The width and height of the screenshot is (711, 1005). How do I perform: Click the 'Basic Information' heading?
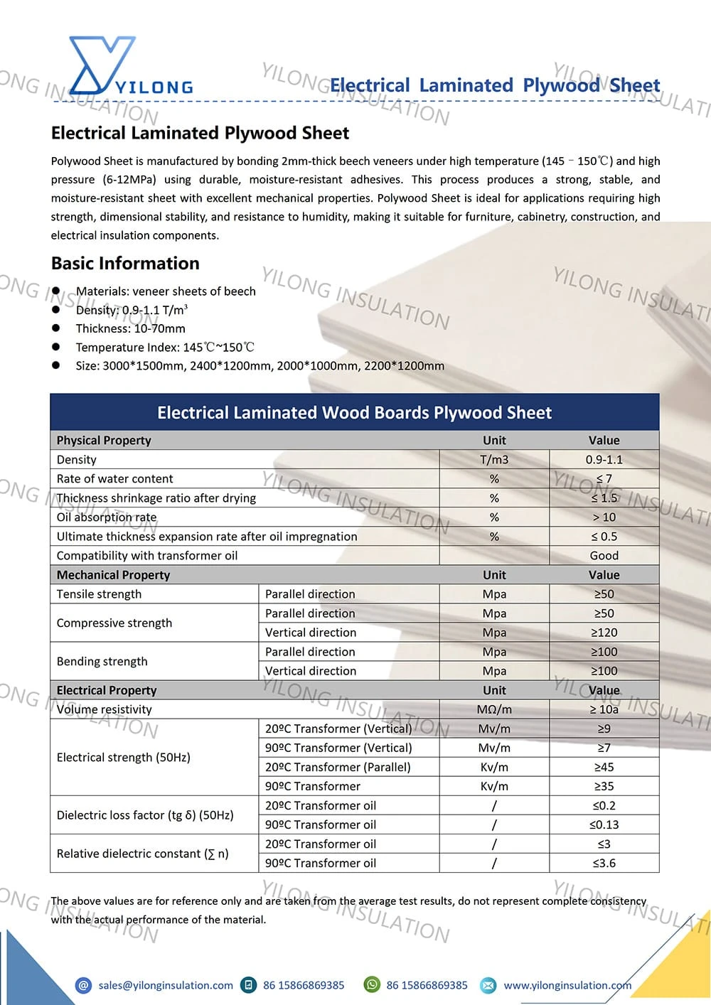point(125,264)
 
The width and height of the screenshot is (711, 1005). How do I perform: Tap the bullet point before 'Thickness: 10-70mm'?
point(56,328)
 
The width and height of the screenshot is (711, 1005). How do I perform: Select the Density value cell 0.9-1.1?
point(604,460)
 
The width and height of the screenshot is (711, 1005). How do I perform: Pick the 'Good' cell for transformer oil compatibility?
point(604,556)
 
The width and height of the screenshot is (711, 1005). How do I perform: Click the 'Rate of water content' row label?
point(114,479)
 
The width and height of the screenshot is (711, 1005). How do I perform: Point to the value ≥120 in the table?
point(604,633)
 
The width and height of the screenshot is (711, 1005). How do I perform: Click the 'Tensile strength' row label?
point(99,594)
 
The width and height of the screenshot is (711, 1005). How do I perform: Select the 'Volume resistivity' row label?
point(104,709)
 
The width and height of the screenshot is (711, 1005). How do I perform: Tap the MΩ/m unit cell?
point(494,709)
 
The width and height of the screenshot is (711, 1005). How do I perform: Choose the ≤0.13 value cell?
point(604,824)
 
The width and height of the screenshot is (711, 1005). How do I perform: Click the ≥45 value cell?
point(604,767)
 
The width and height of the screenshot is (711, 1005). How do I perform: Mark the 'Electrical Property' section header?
point(107,690)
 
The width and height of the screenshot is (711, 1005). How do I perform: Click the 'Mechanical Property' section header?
point(113,575)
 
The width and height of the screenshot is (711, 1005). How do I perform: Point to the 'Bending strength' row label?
point(102,661)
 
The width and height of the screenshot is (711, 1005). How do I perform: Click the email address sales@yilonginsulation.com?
point(166,985)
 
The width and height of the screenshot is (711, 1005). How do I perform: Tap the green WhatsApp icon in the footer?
point(372,984)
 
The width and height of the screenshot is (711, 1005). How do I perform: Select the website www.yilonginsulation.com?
point(567,985)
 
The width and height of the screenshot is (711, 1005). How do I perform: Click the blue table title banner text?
point(354,413)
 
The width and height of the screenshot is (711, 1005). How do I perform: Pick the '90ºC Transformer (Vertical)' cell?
point(338,748)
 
